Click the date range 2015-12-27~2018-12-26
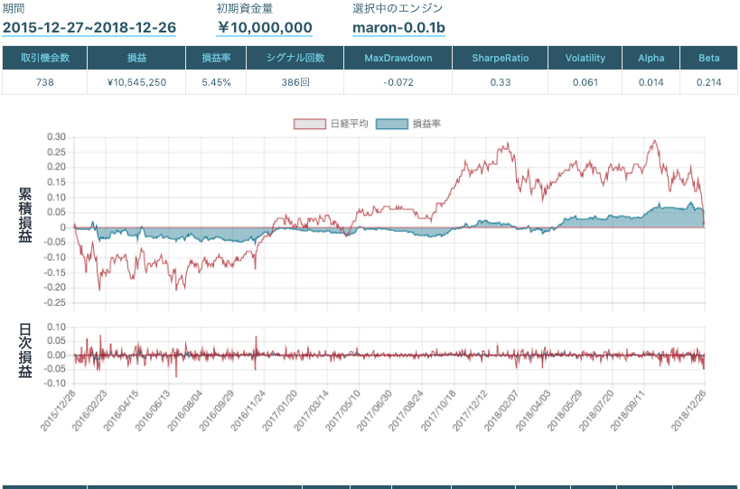pos(89,28)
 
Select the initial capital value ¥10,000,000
pos(265,28)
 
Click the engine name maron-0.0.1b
pos(398,28)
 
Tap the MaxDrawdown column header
pos(398,58)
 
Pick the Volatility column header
pos(585,58)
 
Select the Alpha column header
pos(651,58)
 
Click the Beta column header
pos(708,58)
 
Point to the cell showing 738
pos(45,82)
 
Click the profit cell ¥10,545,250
pos(136,82)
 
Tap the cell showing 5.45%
pos(215,82)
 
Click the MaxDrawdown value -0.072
pos(398,82)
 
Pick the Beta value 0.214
pos(708,82)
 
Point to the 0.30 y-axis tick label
pos(56,137)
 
